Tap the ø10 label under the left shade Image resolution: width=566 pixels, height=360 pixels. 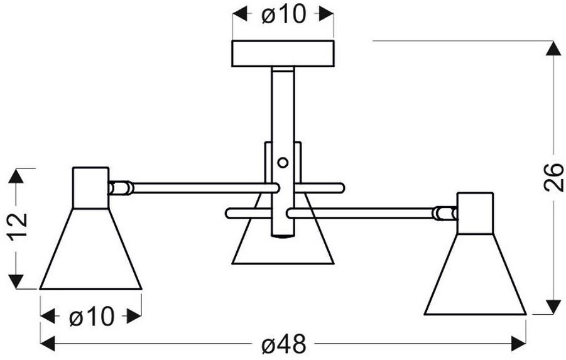coord(90,317)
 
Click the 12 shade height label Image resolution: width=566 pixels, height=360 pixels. coord(19,227)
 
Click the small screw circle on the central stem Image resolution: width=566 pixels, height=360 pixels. coord(283,163)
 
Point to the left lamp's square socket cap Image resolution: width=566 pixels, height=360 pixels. coord(90,187)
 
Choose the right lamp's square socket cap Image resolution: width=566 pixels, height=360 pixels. coord(476,212)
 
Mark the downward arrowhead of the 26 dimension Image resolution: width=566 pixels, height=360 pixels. coord(553,306)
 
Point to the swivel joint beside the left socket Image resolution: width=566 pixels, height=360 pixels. coord(120,187)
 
